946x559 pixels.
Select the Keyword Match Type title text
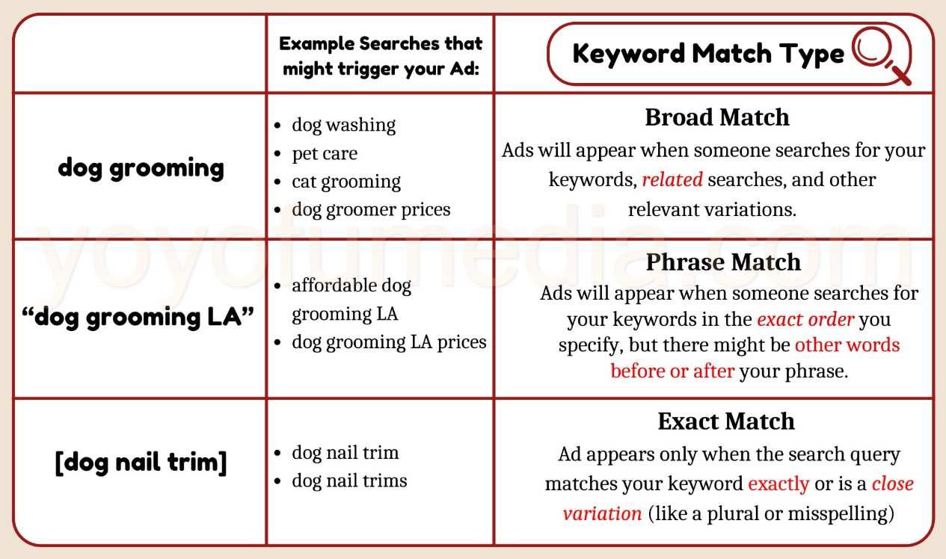(707, 54)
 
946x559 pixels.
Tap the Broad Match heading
(716, 117)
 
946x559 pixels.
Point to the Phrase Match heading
(722, 262)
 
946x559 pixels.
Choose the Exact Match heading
(725, 421)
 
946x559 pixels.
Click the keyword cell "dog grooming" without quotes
(141, 167)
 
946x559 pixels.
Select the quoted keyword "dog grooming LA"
(139, 317)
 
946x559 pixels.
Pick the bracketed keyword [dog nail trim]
(141, 463)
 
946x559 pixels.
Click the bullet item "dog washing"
(343, 125)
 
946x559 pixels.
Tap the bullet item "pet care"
(325, 153)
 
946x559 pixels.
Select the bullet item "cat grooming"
(346, 182)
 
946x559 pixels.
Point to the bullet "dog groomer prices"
(371, 209)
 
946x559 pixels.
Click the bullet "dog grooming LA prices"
(389, 342)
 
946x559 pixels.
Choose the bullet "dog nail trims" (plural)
(349, 480)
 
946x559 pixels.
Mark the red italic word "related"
(672, 179)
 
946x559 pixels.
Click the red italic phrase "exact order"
(805, 320)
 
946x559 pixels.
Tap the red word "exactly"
(778, 484)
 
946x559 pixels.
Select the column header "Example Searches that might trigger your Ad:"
(381, 55)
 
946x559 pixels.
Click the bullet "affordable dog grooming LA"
(351, 300)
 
